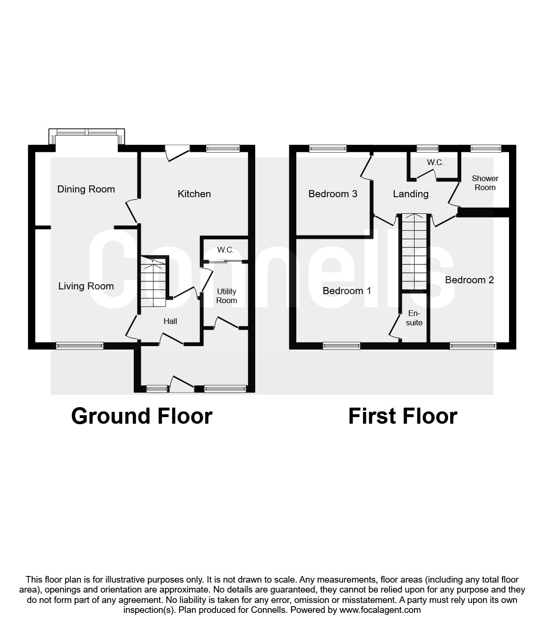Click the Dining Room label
tap(86, 189)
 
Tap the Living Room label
tap(86, 286)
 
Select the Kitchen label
tap(194, 194)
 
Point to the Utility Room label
tap(226, 296)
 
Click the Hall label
tap(170, 322)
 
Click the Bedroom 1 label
tap(346, 291)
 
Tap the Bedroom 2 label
tap(469, 280)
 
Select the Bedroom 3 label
tap(333, 194)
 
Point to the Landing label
tap(411, 194)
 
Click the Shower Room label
tap(485, 183)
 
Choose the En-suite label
tap(414, 318)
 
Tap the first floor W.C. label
tap(435, 163)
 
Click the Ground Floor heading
tap(142, 416)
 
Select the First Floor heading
tap(403, 416)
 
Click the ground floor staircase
tap(153, 281)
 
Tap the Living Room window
tap(79, 346)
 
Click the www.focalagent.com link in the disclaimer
tap(380, 610)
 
